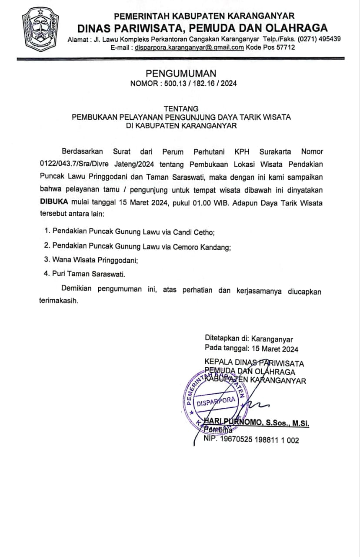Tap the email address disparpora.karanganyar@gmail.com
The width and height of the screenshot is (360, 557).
click(190, 47)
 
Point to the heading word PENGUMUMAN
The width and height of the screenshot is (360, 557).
click(180, 74)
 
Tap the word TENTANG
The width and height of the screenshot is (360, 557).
click(181, 108)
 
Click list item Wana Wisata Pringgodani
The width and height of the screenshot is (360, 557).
click(97, 260)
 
